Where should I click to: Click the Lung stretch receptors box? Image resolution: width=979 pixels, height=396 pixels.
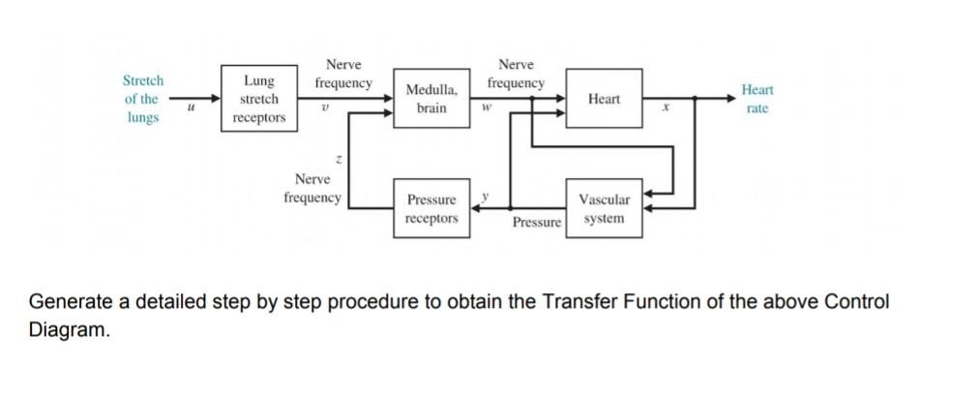(259, 98)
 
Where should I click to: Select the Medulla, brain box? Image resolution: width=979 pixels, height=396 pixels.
(431, 98)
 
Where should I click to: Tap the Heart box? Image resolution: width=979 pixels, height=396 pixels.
(604, 98)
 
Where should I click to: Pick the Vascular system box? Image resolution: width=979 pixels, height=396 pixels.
(604, 208)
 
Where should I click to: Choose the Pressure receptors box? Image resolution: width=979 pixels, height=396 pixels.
(431, 208)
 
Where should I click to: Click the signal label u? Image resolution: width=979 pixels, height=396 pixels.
(191, 108)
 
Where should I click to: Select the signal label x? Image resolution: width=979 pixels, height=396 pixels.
(667, 108)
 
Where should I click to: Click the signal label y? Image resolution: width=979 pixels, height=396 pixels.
(485, 196)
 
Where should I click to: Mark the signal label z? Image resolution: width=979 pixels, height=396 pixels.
(339, 161)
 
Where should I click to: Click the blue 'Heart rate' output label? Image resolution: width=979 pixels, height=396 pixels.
(756, 99)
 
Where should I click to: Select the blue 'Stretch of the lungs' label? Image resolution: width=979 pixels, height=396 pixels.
(143, 99)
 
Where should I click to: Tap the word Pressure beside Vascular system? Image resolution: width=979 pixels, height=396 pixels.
(537, 223)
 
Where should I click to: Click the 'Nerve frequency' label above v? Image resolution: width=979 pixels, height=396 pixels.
(343, 74)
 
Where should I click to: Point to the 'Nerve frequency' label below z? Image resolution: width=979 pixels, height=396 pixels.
(312, 189)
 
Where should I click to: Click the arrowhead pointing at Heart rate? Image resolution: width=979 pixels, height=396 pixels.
(731, 98)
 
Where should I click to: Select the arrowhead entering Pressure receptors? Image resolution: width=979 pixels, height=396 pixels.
(476, 208)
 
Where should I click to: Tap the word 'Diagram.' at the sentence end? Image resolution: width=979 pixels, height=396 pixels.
(70, 329)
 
